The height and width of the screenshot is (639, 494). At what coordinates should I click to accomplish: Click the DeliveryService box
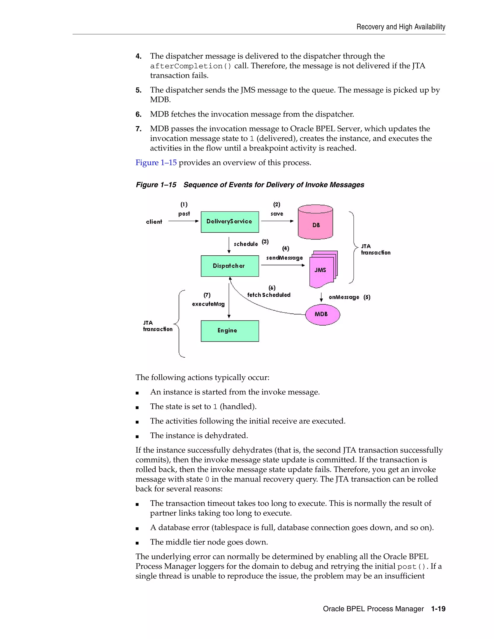[x=230, y=222]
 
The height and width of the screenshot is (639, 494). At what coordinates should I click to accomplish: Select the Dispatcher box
[x=230, y=266]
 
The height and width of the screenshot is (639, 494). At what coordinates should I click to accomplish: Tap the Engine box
[x=230, y=331]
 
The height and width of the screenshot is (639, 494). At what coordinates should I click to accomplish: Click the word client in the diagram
[x=154, y=222]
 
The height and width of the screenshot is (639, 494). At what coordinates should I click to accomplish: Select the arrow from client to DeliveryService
[x=183, y=221]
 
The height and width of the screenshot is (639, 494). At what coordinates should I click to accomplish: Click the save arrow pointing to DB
[x=277, y=221]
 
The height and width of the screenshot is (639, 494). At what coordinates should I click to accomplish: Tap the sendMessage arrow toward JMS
[x=283, y=265]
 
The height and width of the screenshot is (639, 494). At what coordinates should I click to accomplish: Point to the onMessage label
[x=344, y=297]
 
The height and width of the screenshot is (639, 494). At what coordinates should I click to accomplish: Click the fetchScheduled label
[x=269, y=295]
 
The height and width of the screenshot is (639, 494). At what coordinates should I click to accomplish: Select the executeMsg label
[x=208, y=304]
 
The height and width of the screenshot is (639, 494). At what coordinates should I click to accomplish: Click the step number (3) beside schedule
[x=265, y=242]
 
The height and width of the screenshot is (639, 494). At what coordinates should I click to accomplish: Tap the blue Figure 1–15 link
[x=156, y=163]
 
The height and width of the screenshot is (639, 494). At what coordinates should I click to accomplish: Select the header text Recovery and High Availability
[x=401, y=27]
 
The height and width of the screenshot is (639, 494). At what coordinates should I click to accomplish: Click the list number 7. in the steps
[x=138, y=129]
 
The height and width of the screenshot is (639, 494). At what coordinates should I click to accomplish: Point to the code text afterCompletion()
[x=191, y=66]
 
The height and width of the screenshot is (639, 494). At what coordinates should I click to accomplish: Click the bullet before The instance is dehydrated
[x=137, y=436]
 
